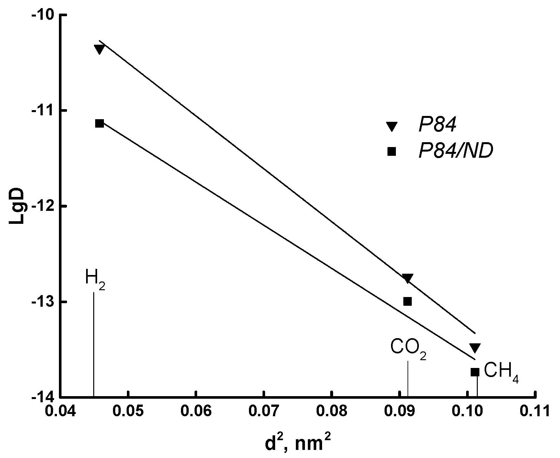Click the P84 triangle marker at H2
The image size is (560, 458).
pos(99,49)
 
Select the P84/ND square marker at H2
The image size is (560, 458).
pos(99,123)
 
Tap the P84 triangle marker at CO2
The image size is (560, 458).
pos(407,278)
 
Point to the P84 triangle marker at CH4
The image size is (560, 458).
pos(475,348)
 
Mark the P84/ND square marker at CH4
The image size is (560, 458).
pos(475,372)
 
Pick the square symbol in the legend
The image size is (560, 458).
pos(392,151)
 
